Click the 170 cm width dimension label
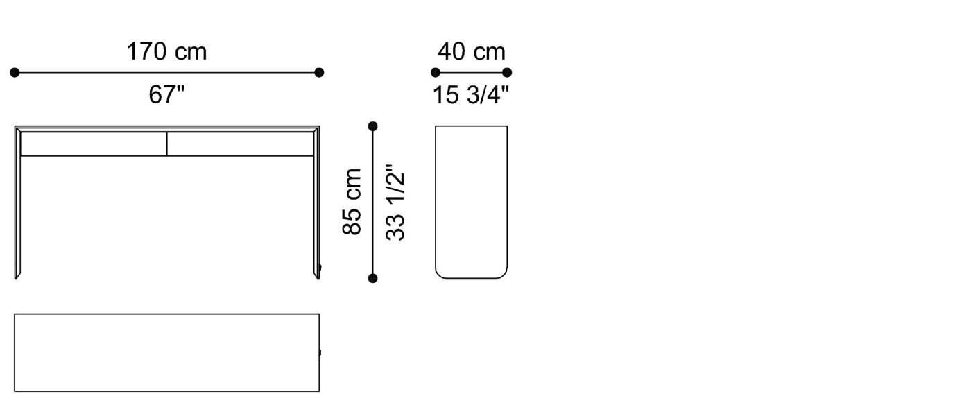pyautogui.click(x=166, y=51)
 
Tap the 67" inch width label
pyautogui.click(x=166, y=94)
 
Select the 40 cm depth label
pyautogui.click(x=471, y=51)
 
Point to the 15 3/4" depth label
pyautogui.click(x=471, y=94)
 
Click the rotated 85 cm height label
pyautogui.click(x=352, y=201)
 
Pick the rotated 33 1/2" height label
pyautogui.click(x=395, y=202)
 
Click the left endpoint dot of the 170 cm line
pyautogui.click(x=15, y=72)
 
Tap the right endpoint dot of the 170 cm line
pyautogui.click(x=319, y=72)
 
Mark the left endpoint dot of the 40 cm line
pyautogui.click(x=436, y=72)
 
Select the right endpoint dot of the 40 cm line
pyautogui.click(x=507, y=72)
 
